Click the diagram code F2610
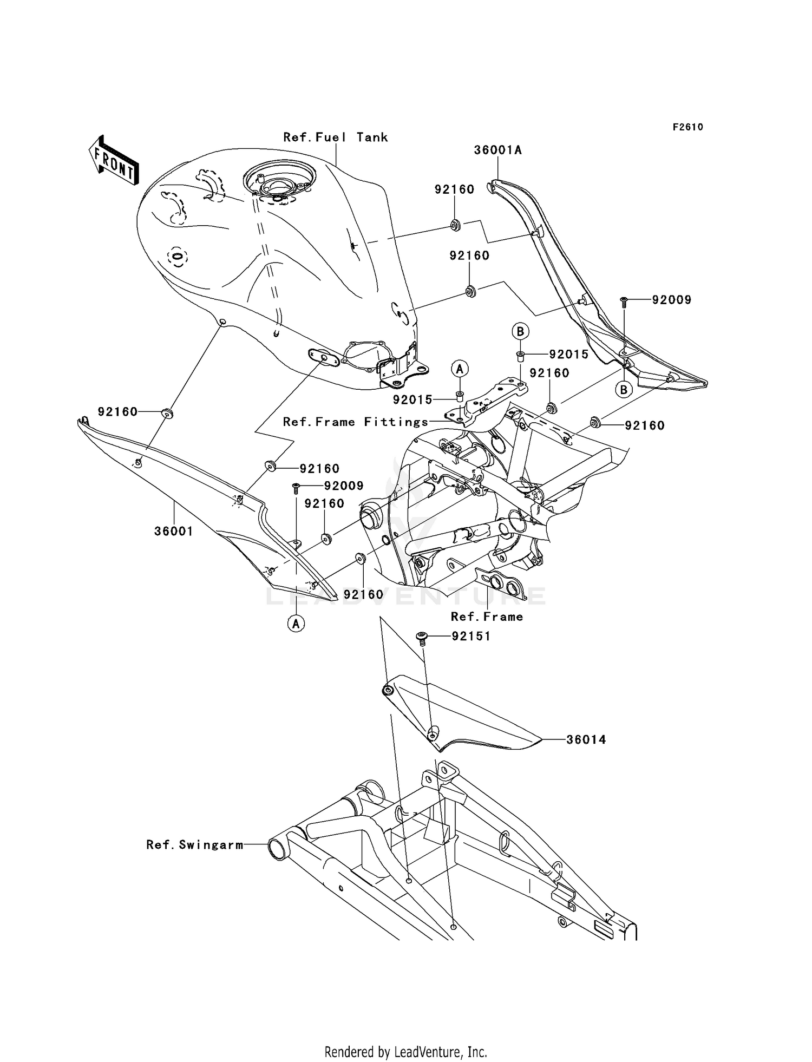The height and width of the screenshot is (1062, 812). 687,127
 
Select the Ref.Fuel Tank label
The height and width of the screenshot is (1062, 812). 336,137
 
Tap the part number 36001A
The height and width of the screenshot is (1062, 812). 497,150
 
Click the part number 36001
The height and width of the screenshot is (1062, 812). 173,532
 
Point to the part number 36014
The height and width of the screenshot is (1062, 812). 586,739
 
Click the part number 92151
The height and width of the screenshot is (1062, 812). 471,637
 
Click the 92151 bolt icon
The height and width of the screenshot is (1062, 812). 422,637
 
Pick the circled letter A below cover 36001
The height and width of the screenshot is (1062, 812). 296,624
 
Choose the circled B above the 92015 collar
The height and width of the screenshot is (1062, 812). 520,331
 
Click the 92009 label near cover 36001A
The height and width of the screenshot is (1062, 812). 671,300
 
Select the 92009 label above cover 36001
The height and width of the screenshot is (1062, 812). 344,486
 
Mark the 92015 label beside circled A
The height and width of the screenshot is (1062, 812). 412,400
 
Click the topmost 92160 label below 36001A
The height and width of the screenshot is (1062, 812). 454,189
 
